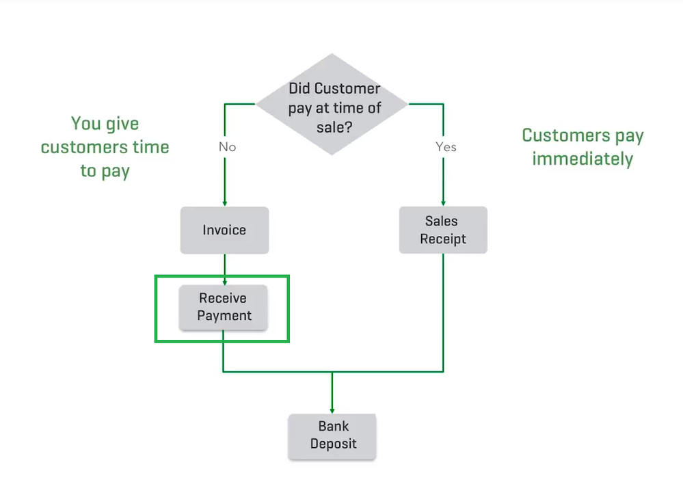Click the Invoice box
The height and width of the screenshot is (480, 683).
[224, 230]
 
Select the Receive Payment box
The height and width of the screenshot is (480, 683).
[224, 307]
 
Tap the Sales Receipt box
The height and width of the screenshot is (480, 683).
[443, 230]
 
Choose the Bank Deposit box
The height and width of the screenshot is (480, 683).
[333, 436]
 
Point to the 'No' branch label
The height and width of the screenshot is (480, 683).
[227, 147]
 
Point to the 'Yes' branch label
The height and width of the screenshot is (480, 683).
[446, 147]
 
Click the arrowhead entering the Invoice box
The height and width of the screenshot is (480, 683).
[224, 203]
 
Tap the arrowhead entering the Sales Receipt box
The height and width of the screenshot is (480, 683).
[443, 202]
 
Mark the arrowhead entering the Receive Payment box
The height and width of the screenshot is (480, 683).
[224, 281]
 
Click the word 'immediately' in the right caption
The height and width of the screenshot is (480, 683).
[582, 159]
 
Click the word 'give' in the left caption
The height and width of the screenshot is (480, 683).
[122, 124]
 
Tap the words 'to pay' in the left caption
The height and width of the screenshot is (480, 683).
[105, 170]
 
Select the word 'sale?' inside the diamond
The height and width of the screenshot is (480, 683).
[332, 126]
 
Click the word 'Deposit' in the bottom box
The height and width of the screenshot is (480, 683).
[334, 444]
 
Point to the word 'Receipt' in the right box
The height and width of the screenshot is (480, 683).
[443, 239]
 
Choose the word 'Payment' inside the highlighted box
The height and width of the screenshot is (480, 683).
[224, 316]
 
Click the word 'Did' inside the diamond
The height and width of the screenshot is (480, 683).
[299, 88]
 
